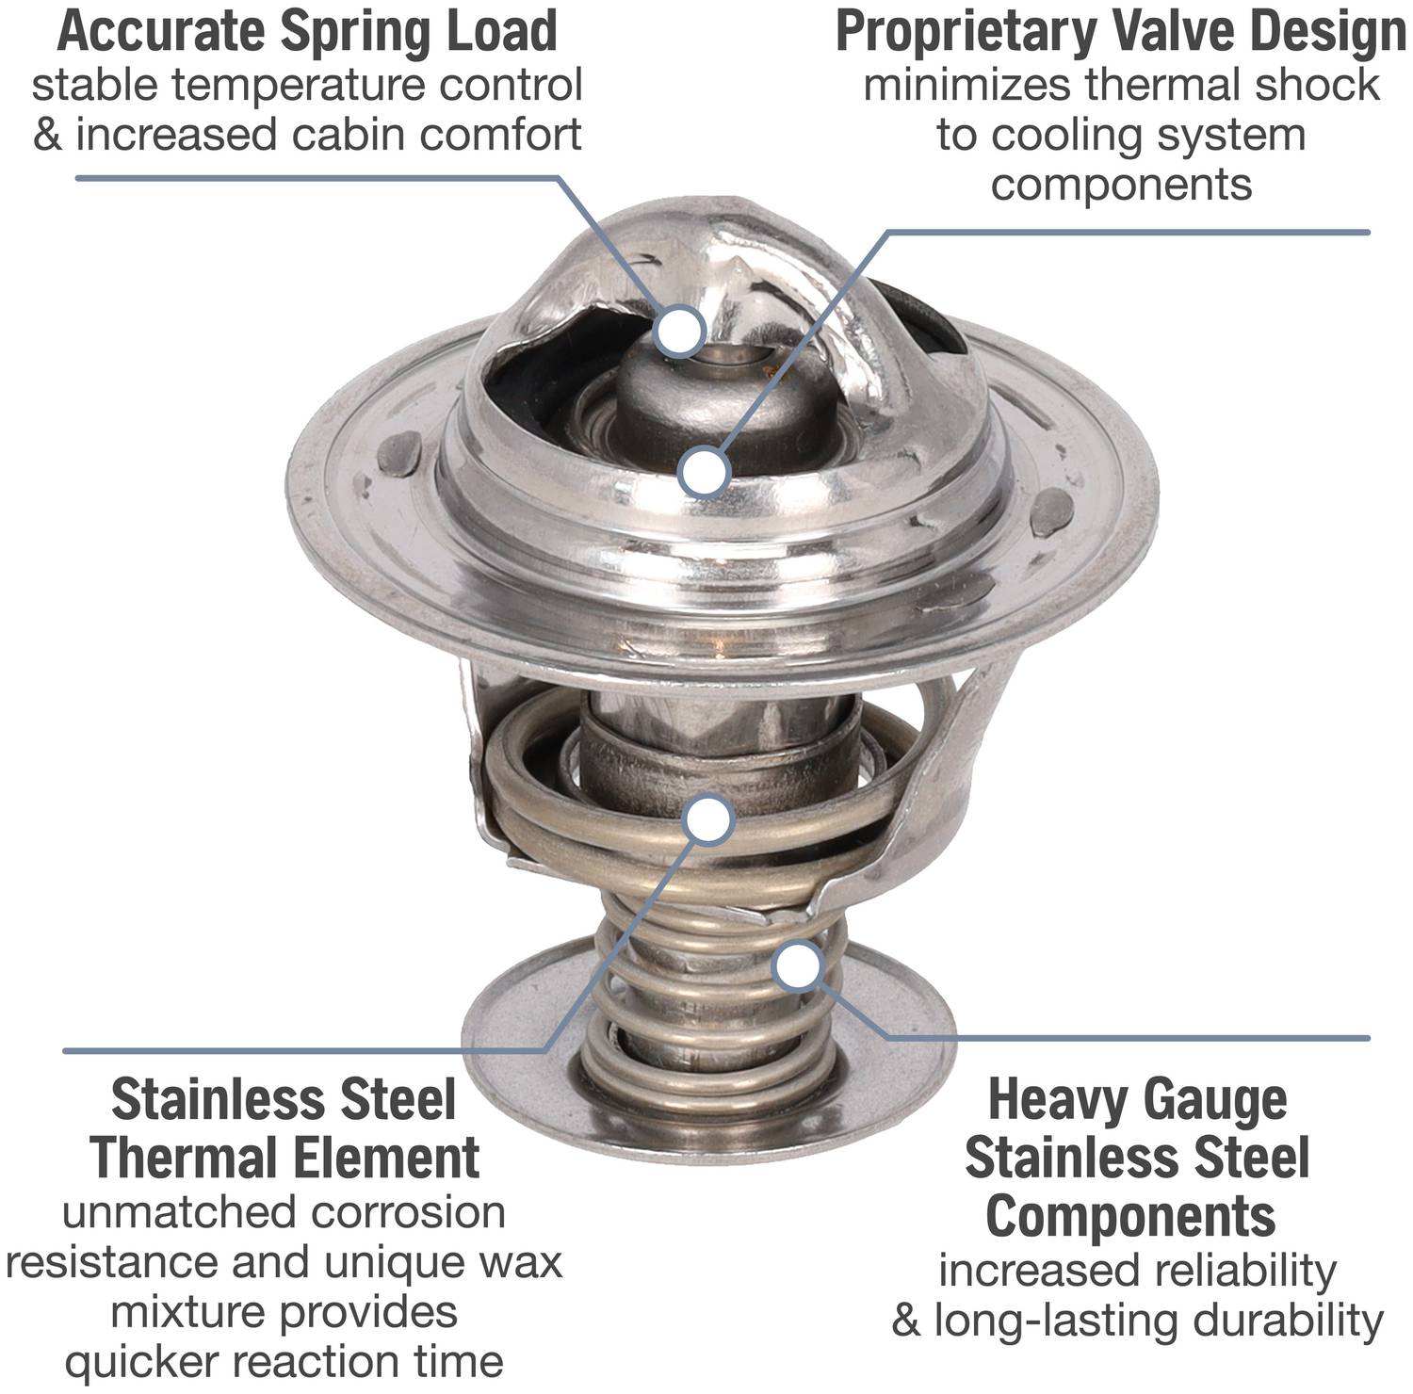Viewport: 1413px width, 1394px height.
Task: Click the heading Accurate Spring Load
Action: point(307,30)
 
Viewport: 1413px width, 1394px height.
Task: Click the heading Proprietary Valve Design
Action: point(1121,32)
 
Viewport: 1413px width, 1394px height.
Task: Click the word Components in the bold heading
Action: point(1130,1216)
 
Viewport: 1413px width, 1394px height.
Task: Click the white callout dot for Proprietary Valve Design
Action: point(704,472)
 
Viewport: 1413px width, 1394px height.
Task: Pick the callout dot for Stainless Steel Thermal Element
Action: point(708,819)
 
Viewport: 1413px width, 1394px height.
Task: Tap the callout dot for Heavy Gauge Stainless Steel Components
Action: point(799,965)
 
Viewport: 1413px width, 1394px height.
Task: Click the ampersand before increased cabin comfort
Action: point(47,135)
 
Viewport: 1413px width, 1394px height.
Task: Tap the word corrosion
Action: point(407,1212)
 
